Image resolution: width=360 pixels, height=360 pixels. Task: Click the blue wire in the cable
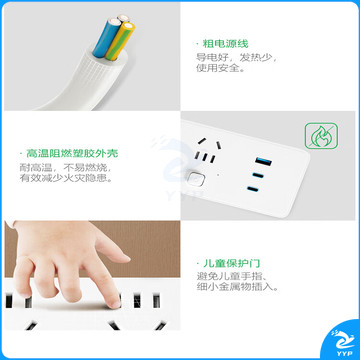[x=105, y=37]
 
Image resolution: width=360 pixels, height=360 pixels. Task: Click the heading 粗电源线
[x=226, y=44]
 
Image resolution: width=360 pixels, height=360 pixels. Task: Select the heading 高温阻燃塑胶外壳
[x=72, y=154]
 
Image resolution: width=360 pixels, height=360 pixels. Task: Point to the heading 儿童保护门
[x=231, y=263]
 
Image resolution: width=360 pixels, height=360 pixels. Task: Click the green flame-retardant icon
[x=321, y=136]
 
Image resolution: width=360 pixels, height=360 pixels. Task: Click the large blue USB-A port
[x=263, y=162]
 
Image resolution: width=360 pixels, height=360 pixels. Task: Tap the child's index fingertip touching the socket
[x=114, y=303]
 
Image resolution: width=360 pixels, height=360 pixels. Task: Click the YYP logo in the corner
[x=341, y=341]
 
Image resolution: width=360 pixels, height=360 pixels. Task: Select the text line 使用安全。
[x=220, y=69]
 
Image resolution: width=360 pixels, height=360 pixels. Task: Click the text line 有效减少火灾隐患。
[x=65, y=178]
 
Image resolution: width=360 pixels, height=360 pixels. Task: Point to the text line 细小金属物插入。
[x=237, y=287]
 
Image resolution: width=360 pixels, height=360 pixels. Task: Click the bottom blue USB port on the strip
[x=253, y=190]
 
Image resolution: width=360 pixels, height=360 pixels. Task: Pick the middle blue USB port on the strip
[x=258, y=175]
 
